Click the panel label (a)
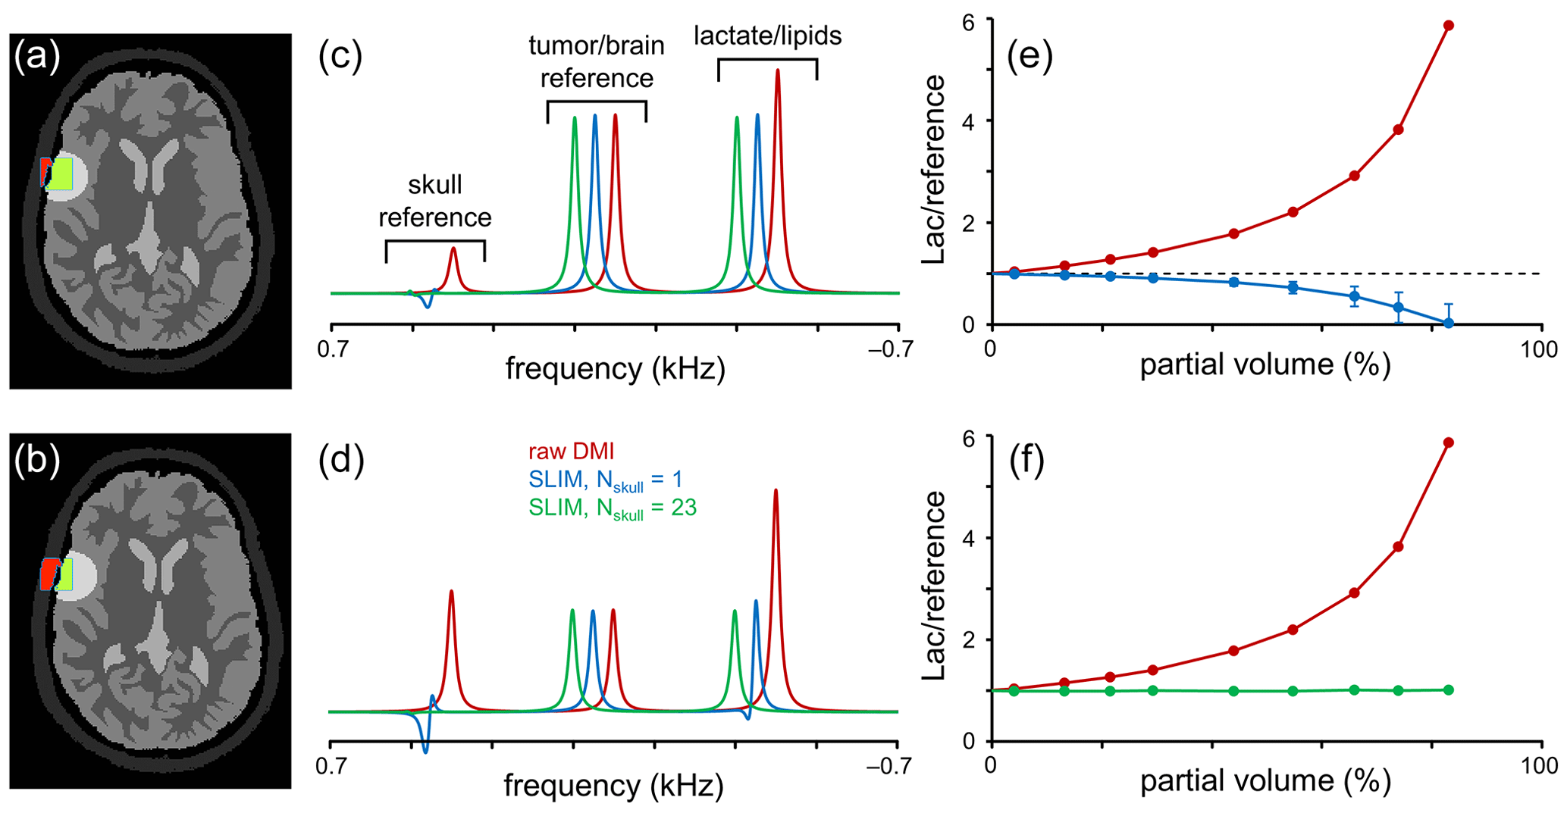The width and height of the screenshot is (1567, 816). tap(36, 58)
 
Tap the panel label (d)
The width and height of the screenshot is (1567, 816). tap(341, 460)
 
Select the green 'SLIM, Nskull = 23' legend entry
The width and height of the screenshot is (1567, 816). tap(613, 508)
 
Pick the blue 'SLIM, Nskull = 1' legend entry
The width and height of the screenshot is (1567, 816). tap(606, 480)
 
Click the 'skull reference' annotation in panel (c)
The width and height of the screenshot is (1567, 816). tap(435, 201)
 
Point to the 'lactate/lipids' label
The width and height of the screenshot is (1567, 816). tap(767, 36)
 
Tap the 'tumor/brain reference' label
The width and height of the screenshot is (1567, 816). tap(597, 61)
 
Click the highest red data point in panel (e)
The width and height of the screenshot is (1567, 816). tap(1448, 26)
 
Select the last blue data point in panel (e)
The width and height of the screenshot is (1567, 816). tap(1448, 323)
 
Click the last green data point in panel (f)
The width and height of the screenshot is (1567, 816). tap(1448, 689)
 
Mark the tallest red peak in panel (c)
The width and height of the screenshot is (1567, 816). tap(777, 72)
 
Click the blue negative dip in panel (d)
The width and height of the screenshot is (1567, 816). tap(425, 749)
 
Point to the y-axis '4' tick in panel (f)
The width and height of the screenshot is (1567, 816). tap(978, 539)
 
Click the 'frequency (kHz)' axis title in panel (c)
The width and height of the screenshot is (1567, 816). tap(615, 369)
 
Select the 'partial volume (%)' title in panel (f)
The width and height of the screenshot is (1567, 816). tap(1265, 782)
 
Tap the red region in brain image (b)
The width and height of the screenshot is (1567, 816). tap(48, 574)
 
